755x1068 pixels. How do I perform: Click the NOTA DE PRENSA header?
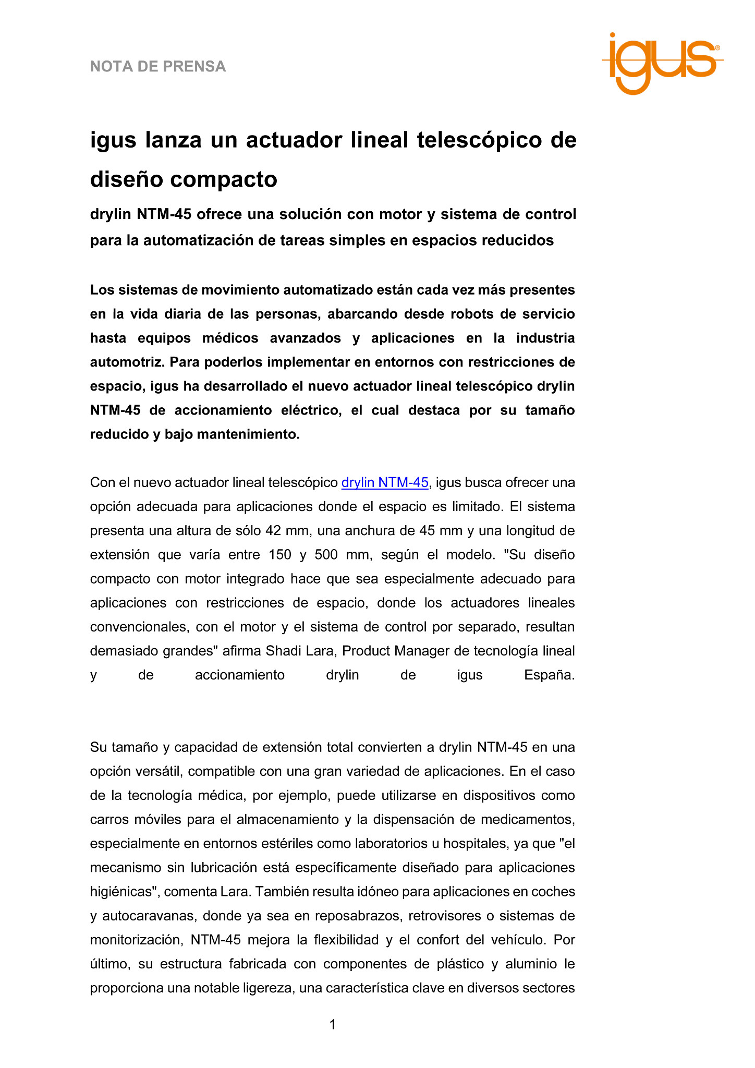158,67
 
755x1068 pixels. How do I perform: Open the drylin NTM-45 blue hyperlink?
385,483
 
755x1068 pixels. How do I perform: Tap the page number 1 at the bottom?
333,1025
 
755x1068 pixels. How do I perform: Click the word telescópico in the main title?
479,140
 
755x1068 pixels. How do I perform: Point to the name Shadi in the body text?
284,651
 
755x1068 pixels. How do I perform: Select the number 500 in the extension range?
326,555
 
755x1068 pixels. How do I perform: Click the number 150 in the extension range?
280,555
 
